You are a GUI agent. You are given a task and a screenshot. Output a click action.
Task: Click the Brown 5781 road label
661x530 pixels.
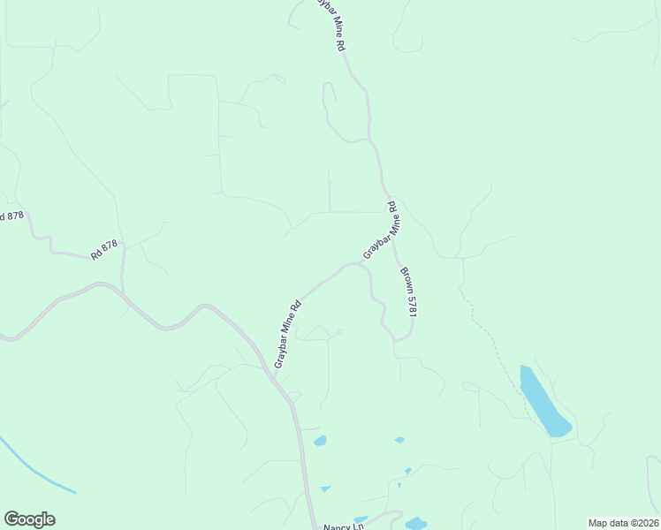click(x=407, y=292)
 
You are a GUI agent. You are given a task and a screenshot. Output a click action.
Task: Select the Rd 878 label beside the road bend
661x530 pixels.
click(x=103, y=251)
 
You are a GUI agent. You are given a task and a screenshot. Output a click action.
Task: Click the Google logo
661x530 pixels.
click(x=29, y=519)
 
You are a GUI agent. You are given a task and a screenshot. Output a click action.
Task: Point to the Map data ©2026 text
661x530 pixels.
click(x=623, y=523)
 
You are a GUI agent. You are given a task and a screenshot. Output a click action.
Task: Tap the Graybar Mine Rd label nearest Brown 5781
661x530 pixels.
click(x=383, y=233)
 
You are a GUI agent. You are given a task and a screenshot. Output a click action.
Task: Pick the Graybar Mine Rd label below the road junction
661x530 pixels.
click(x=288, y=334)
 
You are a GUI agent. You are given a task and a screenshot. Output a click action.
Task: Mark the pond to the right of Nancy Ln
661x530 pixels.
click(x=415, y=524)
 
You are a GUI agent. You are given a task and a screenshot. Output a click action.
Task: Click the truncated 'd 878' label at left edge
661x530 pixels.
click(x=11, y=216)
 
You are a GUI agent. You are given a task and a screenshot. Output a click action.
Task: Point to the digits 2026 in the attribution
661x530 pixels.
click(x=644, y=523)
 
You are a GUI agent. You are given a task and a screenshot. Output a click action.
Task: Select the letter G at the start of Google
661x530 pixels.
click(x=11, y=519)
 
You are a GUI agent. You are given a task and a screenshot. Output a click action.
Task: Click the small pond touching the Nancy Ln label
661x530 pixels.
click(x=360, y=519)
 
